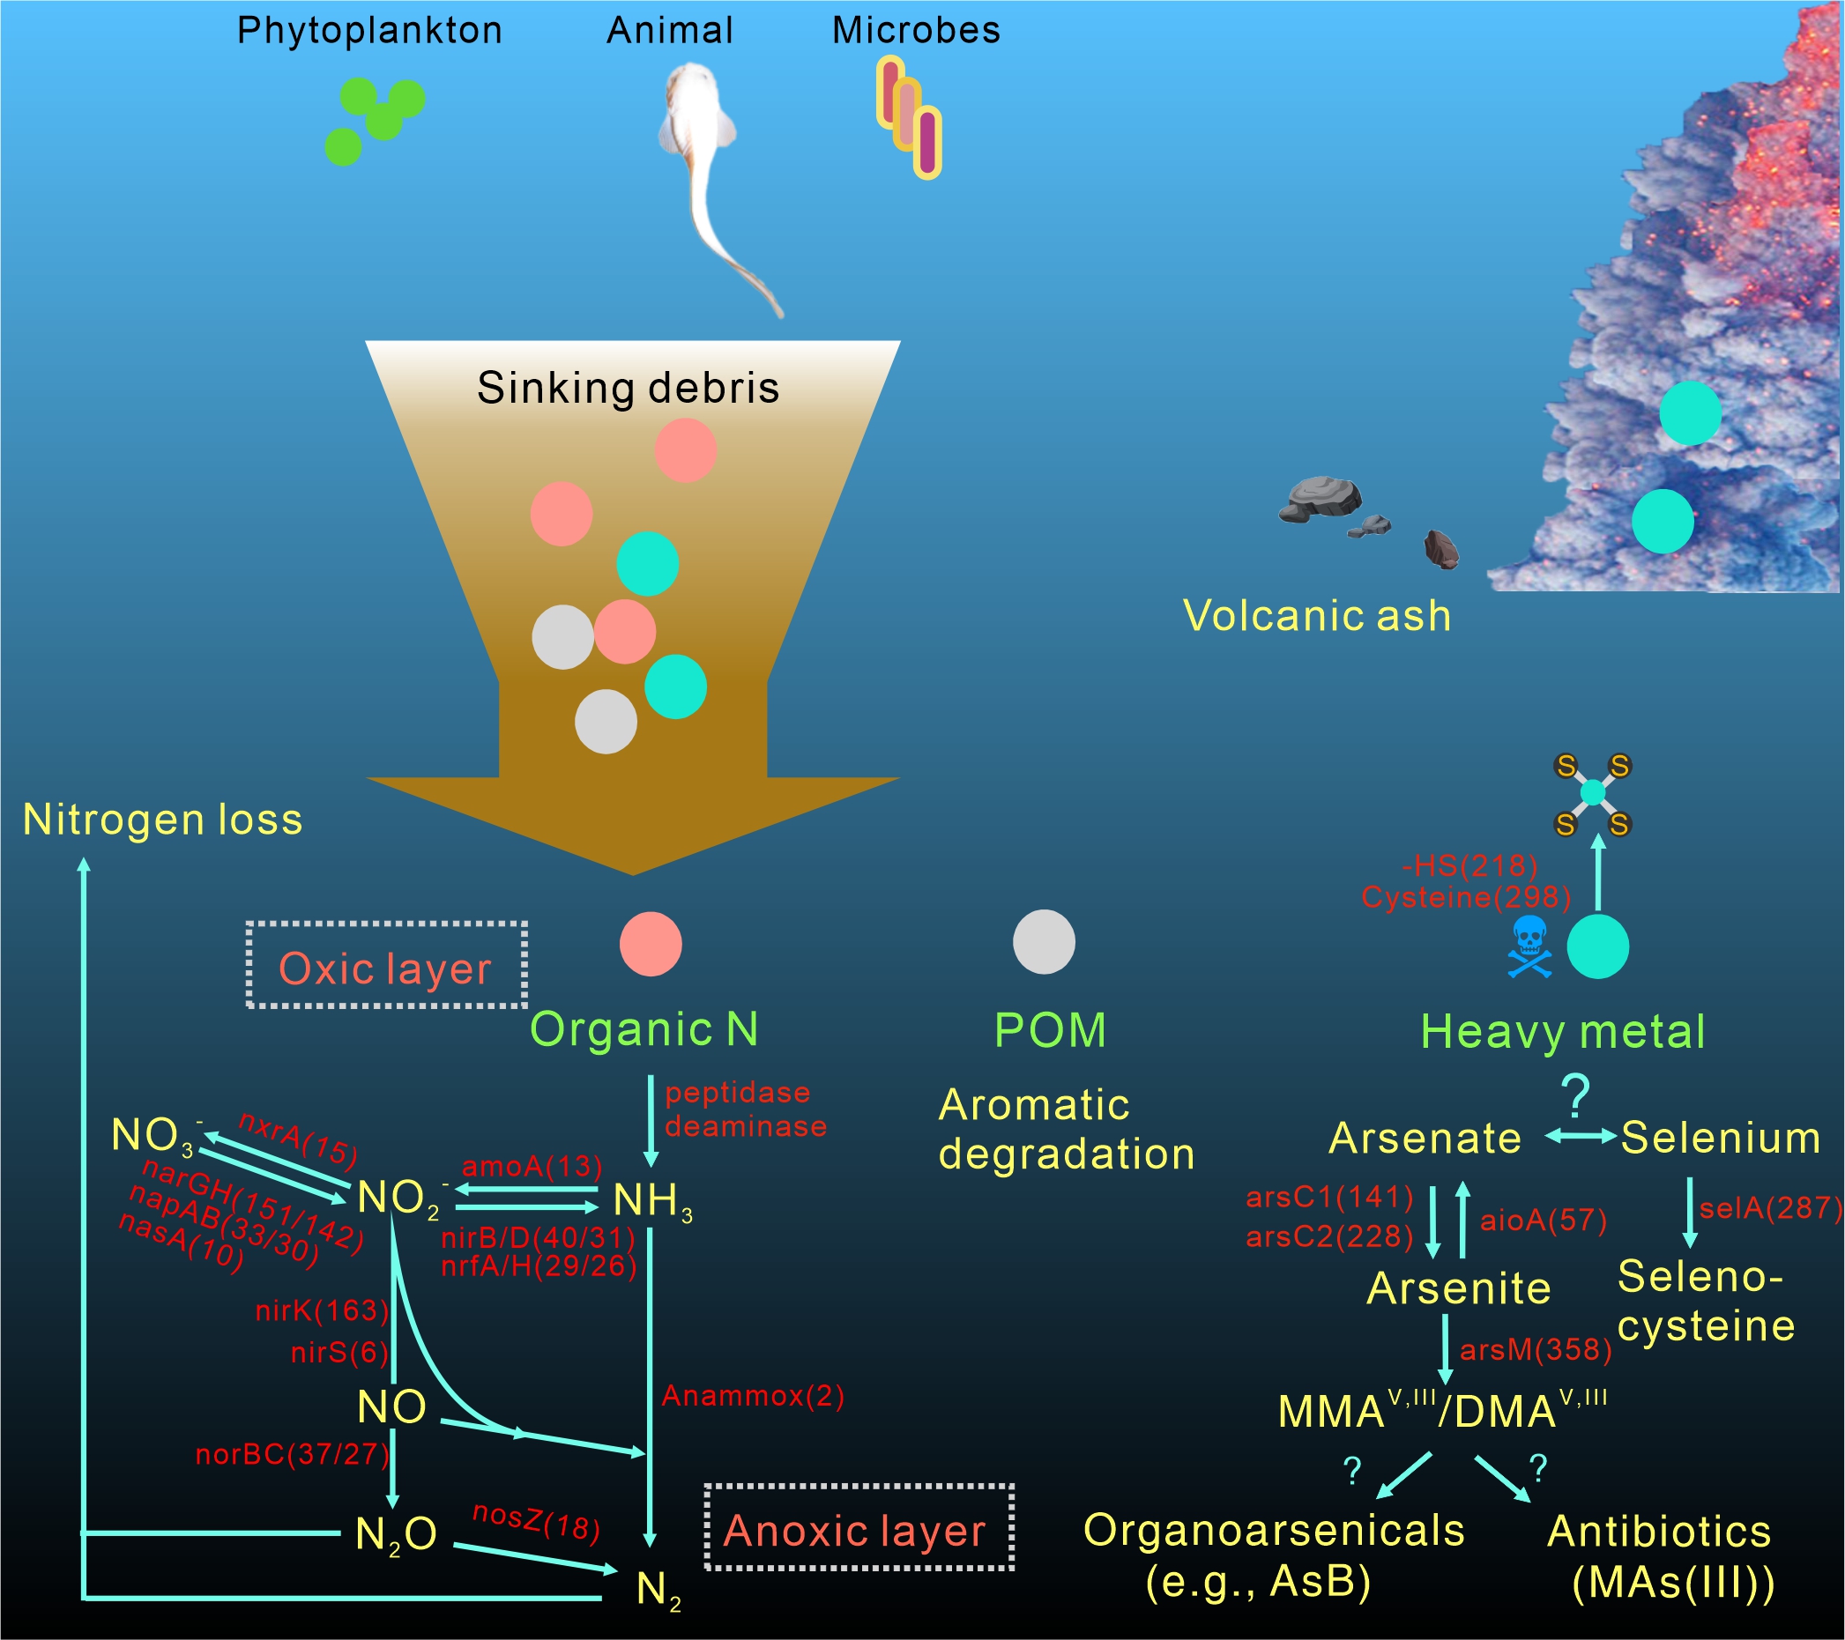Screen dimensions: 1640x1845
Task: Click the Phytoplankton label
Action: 369,31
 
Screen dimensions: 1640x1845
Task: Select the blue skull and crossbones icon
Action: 1529,946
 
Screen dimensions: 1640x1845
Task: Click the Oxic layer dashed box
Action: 386,965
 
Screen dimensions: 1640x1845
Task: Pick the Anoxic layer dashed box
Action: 859,1527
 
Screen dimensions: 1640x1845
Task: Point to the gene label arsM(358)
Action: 1536,1349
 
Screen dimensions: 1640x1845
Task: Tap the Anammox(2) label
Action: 753,1395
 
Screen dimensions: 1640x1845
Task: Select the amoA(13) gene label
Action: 532,1166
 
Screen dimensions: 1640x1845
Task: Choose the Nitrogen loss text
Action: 162,820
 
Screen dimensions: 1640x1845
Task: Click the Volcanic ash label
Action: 1317,616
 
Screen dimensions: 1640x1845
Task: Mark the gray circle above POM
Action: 1044,941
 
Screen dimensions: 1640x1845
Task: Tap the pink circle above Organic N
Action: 650,944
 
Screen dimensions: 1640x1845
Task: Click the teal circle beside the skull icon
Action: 1596,946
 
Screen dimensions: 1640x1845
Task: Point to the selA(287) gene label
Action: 1770,1207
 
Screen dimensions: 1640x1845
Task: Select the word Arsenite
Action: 1459,1288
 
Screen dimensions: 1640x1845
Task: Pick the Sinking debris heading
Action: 628,388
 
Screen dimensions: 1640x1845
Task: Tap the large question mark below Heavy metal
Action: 1576,1095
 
